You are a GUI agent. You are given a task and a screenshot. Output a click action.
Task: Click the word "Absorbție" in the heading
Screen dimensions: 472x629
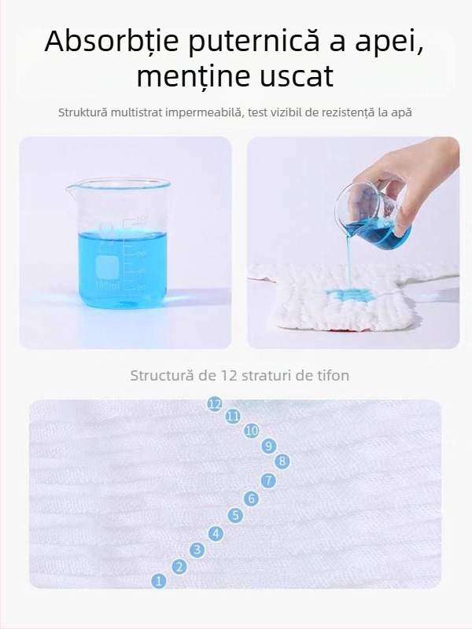click(111, 42)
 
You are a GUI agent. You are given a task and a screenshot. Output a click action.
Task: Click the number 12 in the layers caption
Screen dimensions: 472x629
click(228, 376)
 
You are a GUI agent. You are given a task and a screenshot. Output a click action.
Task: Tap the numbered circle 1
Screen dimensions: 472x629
click(159, 581)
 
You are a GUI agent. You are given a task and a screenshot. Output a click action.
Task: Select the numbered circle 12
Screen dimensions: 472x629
click(215, 403)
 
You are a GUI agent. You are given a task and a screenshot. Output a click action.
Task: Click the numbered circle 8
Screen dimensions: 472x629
click(282, 462)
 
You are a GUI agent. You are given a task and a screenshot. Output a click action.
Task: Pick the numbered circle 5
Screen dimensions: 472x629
click(235, 516)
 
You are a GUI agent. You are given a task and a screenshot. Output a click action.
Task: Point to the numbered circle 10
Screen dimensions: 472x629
click(252, 431)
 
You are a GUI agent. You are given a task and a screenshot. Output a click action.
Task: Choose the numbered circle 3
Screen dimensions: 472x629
click(197, 549)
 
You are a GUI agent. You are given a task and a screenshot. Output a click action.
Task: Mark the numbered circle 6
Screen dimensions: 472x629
click(252, 498)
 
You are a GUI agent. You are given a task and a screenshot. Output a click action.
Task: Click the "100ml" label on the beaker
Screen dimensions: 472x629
click(108, 286)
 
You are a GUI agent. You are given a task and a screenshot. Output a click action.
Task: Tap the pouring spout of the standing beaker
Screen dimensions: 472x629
click(72, 186)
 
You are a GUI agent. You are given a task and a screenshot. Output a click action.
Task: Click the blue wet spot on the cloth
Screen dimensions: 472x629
click(346, 296)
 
